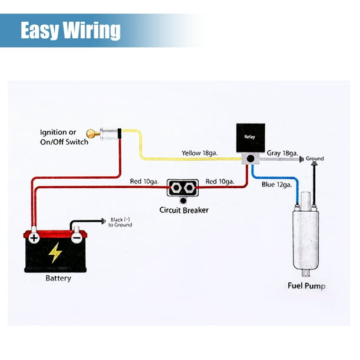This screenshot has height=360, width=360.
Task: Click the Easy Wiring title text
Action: pos(71,31)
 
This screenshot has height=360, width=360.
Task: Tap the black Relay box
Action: pos(249,138)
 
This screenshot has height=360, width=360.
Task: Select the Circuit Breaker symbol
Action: pos(182,189)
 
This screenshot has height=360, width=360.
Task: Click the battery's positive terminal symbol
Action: pos(35,238)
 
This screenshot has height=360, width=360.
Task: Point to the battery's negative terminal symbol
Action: pos(77,238)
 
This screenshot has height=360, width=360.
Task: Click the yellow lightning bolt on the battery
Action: pos(55,252)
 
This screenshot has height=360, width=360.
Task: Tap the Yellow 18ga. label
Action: pos(200,153)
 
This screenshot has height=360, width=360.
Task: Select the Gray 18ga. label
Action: pos(282,153)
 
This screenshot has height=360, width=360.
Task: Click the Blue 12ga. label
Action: pos(276,184)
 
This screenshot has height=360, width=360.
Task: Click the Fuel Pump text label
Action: pos(306,286)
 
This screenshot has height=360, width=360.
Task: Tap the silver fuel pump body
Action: pos(305,238)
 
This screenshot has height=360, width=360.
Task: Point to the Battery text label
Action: pos(58,278)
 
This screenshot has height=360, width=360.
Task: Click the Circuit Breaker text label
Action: pos(184,209)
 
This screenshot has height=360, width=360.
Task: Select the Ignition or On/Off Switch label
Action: pos(64,137)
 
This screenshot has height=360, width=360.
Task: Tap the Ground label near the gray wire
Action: pos(315,159)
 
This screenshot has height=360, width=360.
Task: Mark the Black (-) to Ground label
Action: pos(121,222)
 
